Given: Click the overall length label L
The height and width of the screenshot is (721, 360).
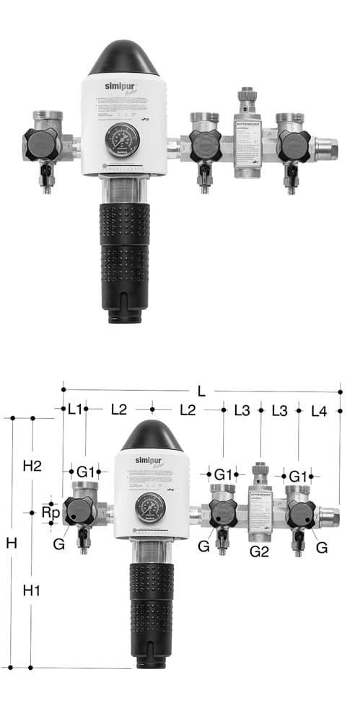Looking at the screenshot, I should [x=201, y=392].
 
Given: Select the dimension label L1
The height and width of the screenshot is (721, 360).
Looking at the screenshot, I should [x=74, y=410].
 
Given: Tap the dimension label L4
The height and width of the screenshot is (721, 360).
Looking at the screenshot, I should [x=319, y=410].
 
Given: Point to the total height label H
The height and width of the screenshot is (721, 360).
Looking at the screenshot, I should [x=12, y=543].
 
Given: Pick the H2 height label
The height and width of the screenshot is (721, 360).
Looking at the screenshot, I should [x=32, y=466].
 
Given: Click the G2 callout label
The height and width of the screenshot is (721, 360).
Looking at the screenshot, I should [x=259, y=551].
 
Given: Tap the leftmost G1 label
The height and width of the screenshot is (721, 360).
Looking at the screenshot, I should [x=86, y=472].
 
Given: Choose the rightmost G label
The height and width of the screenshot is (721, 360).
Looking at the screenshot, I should [x=322, y=547].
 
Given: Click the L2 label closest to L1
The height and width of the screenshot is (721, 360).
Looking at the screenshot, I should [x=119, y=410].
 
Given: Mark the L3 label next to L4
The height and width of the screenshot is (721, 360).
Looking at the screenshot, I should [x=280, y=410].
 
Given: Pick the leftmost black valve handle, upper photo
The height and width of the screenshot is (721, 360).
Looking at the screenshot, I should [x=40, y=144].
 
